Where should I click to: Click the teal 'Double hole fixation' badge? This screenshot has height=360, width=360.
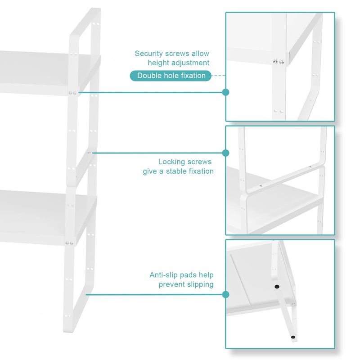[x=171, y=76]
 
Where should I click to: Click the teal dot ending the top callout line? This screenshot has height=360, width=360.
[x=226, y=92]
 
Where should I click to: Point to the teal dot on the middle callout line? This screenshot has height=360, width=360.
[x=226, y=153]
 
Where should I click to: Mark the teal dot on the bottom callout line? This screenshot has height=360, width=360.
[x=226, y=295]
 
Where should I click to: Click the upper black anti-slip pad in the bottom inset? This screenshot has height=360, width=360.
[x=276, y=286]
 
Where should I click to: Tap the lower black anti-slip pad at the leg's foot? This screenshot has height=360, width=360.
[x=293, y=337]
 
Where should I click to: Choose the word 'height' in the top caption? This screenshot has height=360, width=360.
[x=159, y=63]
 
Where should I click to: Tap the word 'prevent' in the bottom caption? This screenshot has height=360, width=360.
[x=171, y=284]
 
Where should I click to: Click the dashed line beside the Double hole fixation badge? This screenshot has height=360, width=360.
[x=218, y=76]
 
